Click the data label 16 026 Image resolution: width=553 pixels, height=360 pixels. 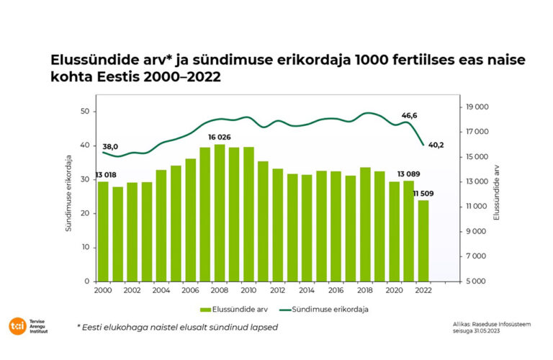(x=220, y=137)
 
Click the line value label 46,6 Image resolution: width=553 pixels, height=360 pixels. (x=410, y=115)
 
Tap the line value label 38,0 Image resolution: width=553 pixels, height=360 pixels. (x=110, y=146)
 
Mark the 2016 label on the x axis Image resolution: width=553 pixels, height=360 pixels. (x=336, y=290)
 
